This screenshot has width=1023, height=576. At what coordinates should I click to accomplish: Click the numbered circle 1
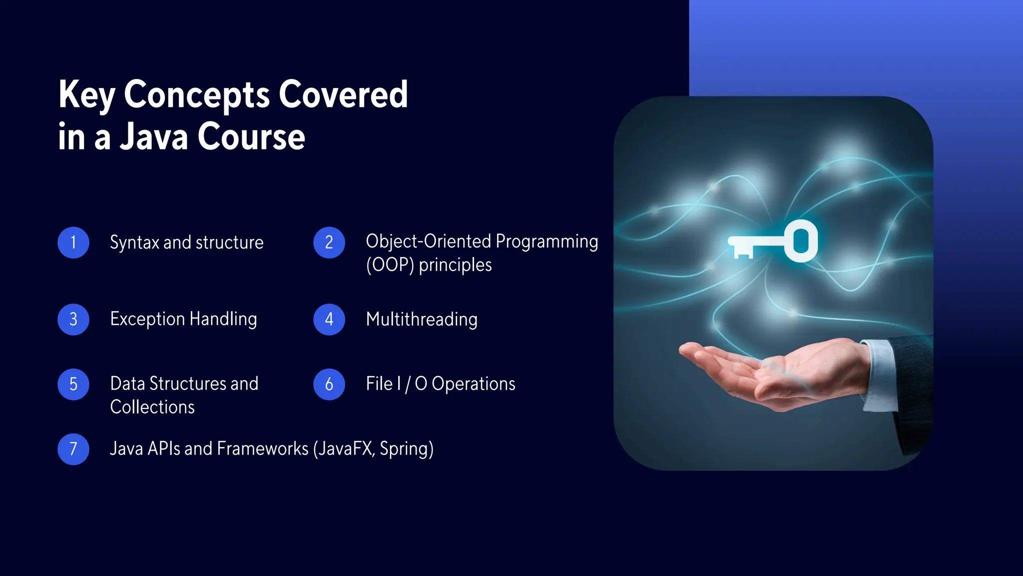(x=73, y=242)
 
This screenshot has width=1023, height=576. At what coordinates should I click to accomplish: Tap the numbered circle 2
(x=329, y=242)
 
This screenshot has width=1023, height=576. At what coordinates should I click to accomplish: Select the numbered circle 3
(x=73, y=319)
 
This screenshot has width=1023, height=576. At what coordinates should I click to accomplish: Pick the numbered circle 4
(x=329, y=319)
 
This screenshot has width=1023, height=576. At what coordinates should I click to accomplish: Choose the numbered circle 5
(x=73, y=384)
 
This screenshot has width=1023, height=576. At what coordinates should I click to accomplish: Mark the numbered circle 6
(x=329, y=384)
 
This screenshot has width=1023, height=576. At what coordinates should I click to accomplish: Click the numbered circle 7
(x=73, y=449)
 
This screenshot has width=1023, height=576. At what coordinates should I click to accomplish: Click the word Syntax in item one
(x=134, y=243)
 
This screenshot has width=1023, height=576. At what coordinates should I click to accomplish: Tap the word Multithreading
(x=422, y=319)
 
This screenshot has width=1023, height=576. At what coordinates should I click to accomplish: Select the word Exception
(x=147, y=319)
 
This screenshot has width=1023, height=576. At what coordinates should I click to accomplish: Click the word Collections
(x=152, y=407)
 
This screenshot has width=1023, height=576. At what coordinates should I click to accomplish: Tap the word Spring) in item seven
(x=407, y=449)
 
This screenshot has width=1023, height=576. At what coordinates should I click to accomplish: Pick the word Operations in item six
(x=473, y=384)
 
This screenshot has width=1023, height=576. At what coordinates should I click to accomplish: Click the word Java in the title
(x=154, y=137)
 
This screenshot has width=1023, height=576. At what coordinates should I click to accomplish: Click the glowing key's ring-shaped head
(x=801, y=241)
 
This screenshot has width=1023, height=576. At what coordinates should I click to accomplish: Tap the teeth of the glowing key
(x=743, y=253)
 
